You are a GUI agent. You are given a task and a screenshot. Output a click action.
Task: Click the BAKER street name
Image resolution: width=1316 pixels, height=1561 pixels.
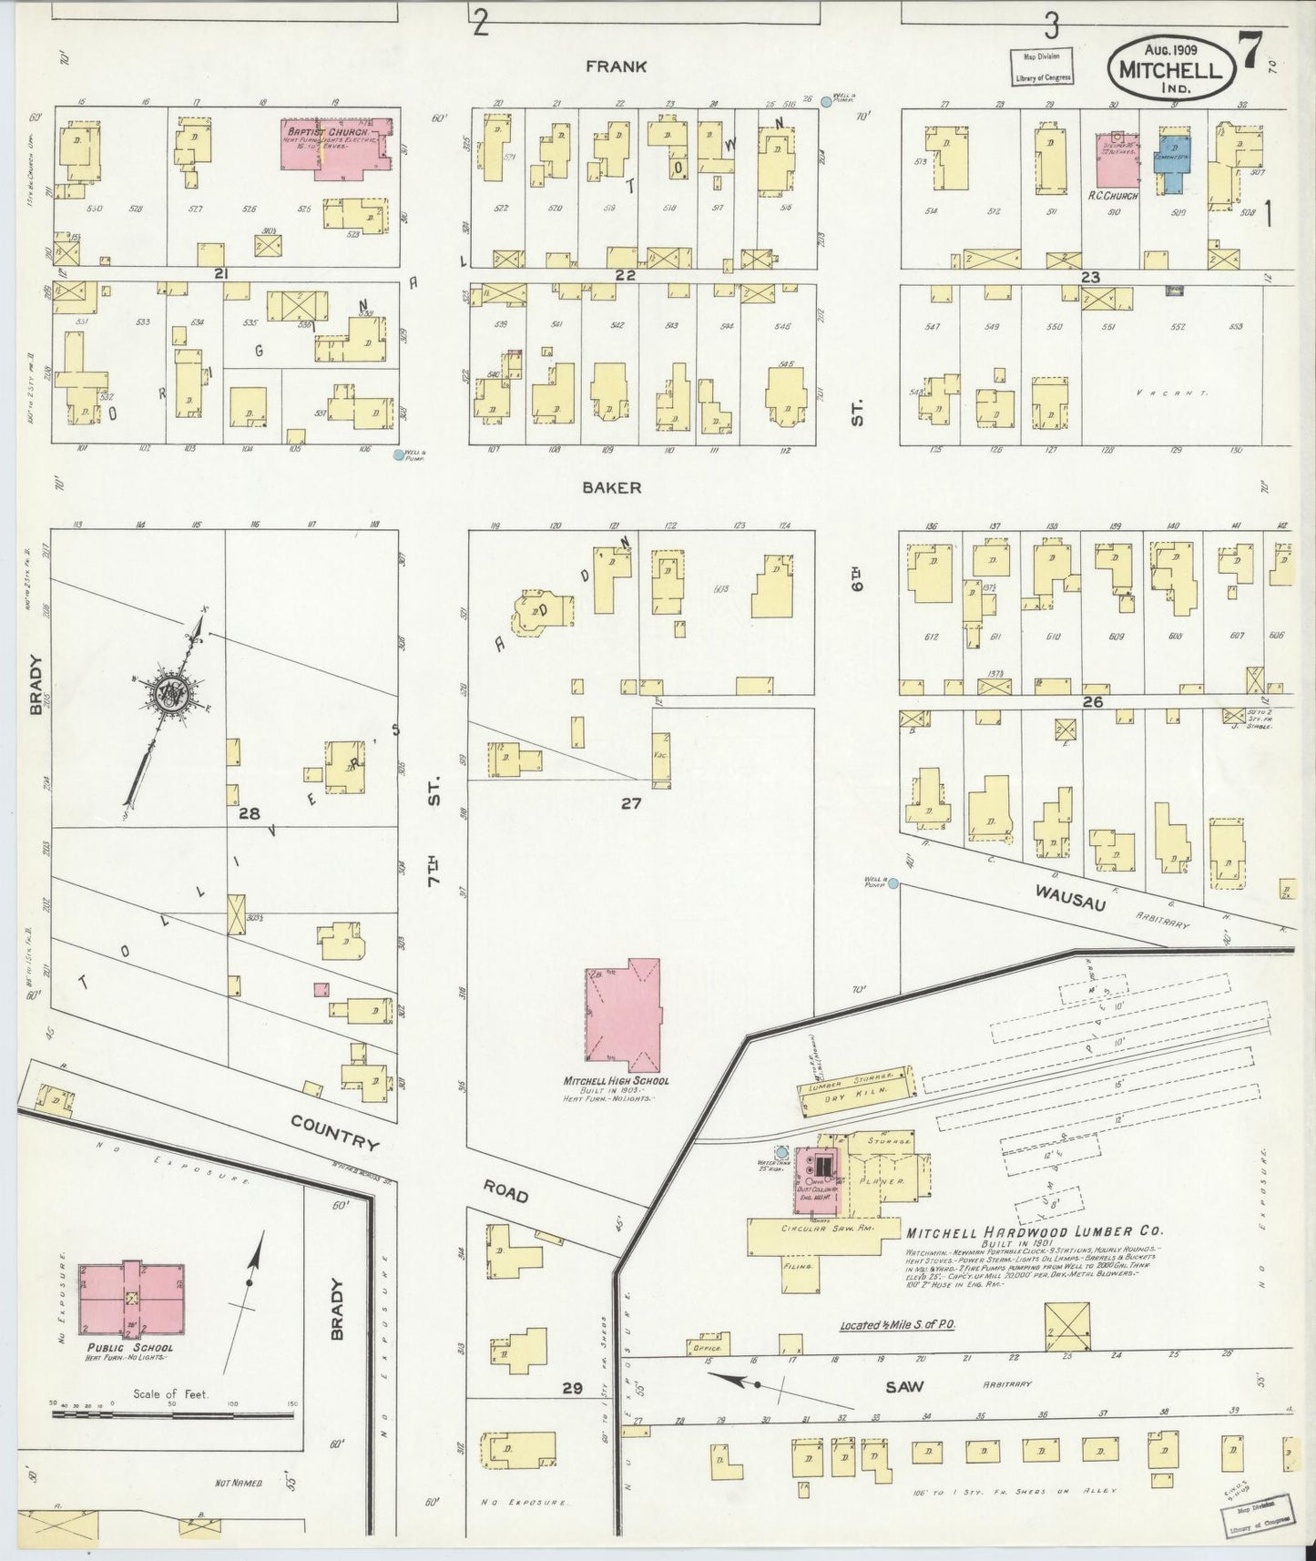pos(612,487)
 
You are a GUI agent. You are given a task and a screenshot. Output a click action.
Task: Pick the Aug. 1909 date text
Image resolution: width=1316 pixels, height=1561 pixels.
pos(1171,50)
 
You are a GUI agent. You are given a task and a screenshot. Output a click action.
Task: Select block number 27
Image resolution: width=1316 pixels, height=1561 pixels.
pos(632,803)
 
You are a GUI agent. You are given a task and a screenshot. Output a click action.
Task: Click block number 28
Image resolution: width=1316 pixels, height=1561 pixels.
pos(249,813)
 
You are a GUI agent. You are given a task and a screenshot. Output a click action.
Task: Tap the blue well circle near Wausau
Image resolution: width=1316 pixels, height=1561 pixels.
pos(893,883)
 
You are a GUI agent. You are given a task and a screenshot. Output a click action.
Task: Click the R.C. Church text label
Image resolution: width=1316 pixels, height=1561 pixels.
pos(1113,196)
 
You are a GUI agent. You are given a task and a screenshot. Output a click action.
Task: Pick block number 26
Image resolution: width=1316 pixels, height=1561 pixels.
pos(1093,701)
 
